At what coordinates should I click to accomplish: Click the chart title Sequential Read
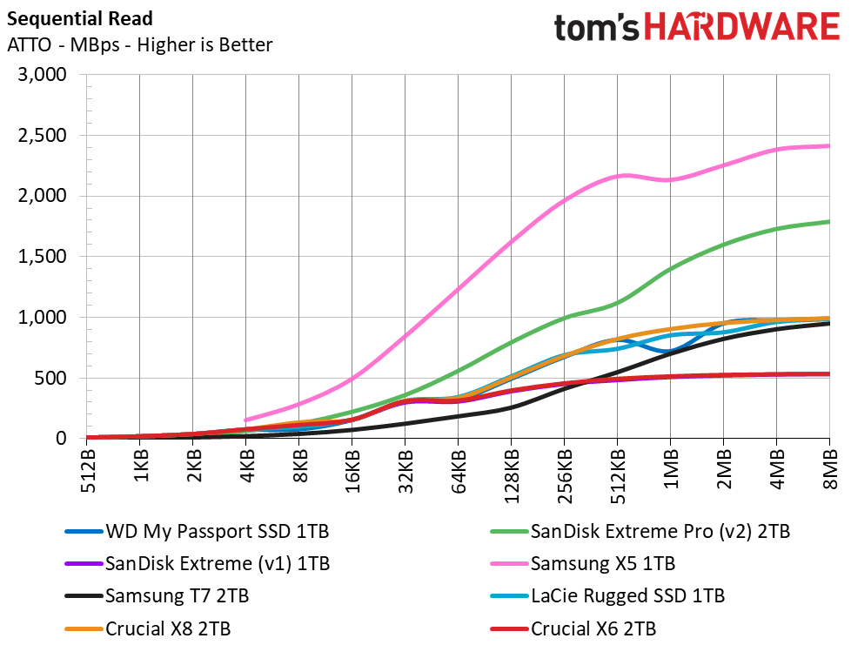click(x=80, y=19)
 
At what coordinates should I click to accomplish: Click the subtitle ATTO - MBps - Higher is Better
click(x=139, y=45)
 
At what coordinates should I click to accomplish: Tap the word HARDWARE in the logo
click(x=742, y=27)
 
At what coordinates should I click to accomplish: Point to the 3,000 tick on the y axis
click(x=43, y=74)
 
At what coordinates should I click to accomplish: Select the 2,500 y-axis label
click(x=43, y=135)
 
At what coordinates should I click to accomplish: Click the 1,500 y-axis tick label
click(x=43, y=256)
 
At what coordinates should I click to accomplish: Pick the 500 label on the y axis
click(x=50, y=378)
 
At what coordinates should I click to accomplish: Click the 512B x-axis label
click(x=88, y=470)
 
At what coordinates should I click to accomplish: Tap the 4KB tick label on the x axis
click(x=247, y=466)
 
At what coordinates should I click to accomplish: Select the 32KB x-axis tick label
click(x=406, y=470)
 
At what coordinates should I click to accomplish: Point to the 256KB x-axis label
click(x=566, y=475)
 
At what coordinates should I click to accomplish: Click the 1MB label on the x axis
click(x=672, y=468)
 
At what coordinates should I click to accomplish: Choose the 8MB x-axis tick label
click(x=831, y=468)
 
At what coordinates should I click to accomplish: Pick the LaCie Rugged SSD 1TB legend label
click(x=627, y=596)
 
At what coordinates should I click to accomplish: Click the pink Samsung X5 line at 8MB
click(x=828, y=145)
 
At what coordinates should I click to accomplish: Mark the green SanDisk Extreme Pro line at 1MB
click(x=671, y=269)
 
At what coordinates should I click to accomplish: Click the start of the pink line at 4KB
click(x=246, y=420)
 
